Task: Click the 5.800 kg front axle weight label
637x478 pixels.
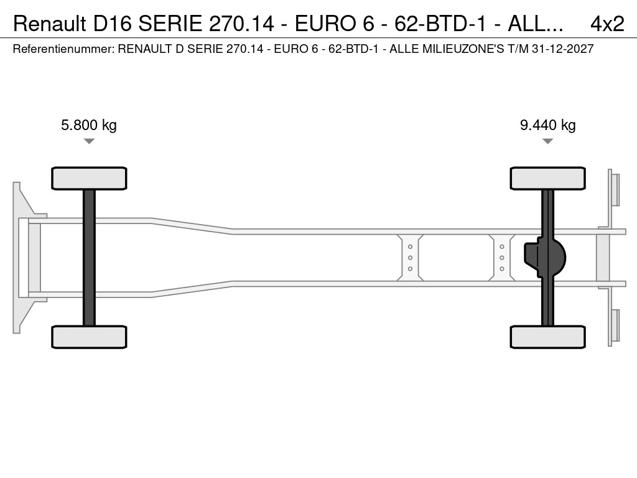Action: (88, 125)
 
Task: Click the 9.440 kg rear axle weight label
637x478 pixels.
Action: (547, 125)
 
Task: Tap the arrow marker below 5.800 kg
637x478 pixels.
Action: (89, 142)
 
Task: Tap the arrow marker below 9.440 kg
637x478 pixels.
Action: (547, 142)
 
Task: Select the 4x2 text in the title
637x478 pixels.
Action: (607, 24)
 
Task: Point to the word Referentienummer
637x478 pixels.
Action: (62, 49)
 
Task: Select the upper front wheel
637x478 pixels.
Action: (89, 178)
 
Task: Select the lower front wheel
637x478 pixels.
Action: (89, 337)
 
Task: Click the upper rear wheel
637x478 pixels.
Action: (547, 178)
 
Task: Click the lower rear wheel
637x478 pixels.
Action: (547, 337)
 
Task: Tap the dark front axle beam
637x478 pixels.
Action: (89, 257)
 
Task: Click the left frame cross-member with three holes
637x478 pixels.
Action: (411, 258)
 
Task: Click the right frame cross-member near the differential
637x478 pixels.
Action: (501, 258)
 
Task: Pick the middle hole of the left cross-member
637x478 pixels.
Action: (411, 258)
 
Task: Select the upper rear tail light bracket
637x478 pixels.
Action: (615, 189)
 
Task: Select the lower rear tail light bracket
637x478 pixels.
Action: (615, 326)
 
